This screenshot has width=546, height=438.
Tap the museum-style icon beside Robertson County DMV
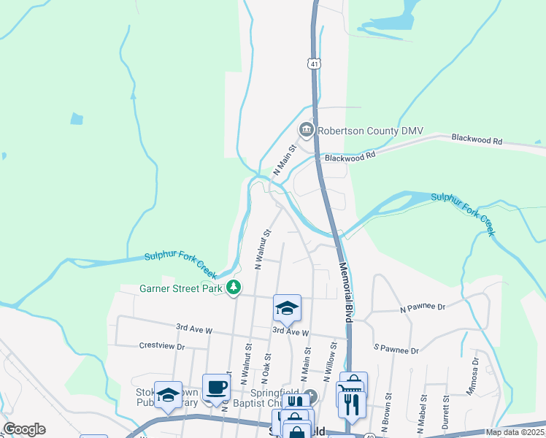tap(306, 131)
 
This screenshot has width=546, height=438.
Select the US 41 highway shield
tap(313, 64)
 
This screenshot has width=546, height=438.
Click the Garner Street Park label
tap(180, 288)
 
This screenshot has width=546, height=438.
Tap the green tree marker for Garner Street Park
tap(234, 288)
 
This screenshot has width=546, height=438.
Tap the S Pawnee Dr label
tap(396, 350)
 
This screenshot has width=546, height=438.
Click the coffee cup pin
tap(216, 387)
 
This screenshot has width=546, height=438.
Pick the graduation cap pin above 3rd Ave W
tap(287, 308)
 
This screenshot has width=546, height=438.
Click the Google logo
tap(24, 429)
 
